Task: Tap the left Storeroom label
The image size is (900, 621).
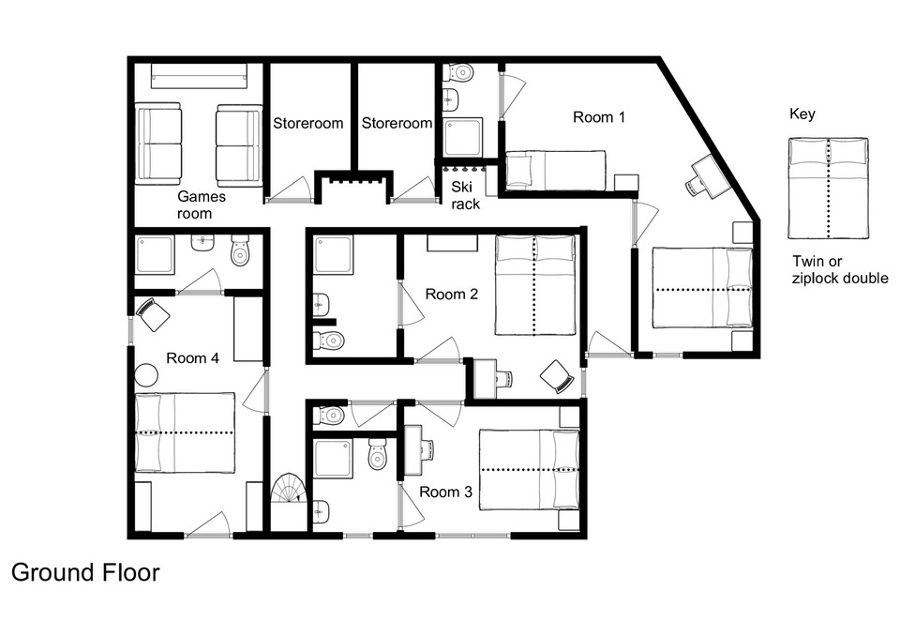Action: point(308,123)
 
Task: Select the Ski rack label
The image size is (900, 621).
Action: point(464,195)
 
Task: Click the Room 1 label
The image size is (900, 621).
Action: point(599,117)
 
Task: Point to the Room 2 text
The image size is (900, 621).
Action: point(452,295)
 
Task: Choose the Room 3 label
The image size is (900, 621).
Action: point(445,492)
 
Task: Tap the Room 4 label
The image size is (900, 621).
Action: point(192,358)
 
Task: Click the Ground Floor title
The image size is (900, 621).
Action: point(85,572)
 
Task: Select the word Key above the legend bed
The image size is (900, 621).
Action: point(802,114)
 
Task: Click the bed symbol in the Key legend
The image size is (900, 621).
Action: point(828,189)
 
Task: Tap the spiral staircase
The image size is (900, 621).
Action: point(288,489)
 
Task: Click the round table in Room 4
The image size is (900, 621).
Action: point(146,375)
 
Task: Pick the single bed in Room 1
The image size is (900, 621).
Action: point(555,170)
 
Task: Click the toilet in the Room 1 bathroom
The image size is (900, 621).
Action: point(460,72)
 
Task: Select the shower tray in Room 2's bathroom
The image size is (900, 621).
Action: point(334,255)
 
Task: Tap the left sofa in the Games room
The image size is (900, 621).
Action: point(158,144)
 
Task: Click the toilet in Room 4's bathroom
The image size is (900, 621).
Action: point(240,250)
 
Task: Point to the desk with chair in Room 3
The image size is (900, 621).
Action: point(419,450)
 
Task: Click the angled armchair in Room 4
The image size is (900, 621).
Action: point(153,313)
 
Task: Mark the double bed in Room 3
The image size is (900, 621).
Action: point(529,469)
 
